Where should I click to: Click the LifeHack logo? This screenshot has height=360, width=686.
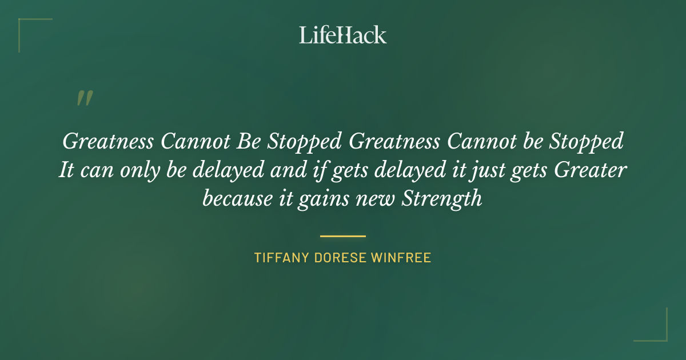coord(343,35)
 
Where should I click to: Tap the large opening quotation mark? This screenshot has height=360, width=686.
coord(84,98)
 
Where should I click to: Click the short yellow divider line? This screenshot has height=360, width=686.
coord(343,235)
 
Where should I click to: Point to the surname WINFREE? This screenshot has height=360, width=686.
coord(401,258)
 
